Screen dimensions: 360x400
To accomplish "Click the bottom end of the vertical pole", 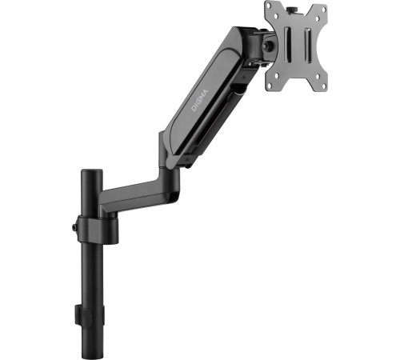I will [91, 352].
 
